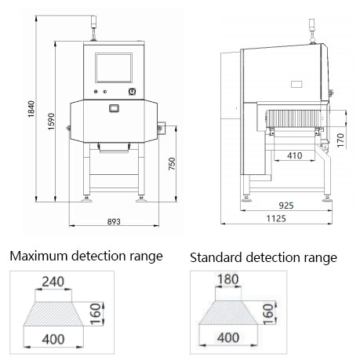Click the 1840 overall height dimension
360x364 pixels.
pos(31,109)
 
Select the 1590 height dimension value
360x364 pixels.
pos(51,122)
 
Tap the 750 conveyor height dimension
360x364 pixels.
pos(172,164)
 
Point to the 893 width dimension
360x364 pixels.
pos(114,222)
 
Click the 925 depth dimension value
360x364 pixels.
pos(286,206)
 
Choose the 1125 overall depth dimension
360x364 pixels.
pos(276,218)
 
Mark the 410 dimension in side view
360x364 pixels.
pos(295,155)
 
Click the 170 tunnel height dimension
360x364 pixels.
pos(340,140)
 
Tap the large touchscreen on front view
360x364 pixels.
pos(114,68)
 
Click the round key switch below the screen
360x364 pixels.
pos(132,92)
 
